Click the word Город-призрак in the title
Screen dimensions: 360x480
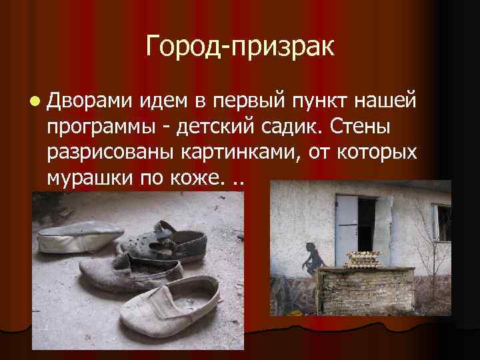coord(240,47)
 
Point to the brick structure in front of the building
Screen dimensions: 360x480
coord(360,293)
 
